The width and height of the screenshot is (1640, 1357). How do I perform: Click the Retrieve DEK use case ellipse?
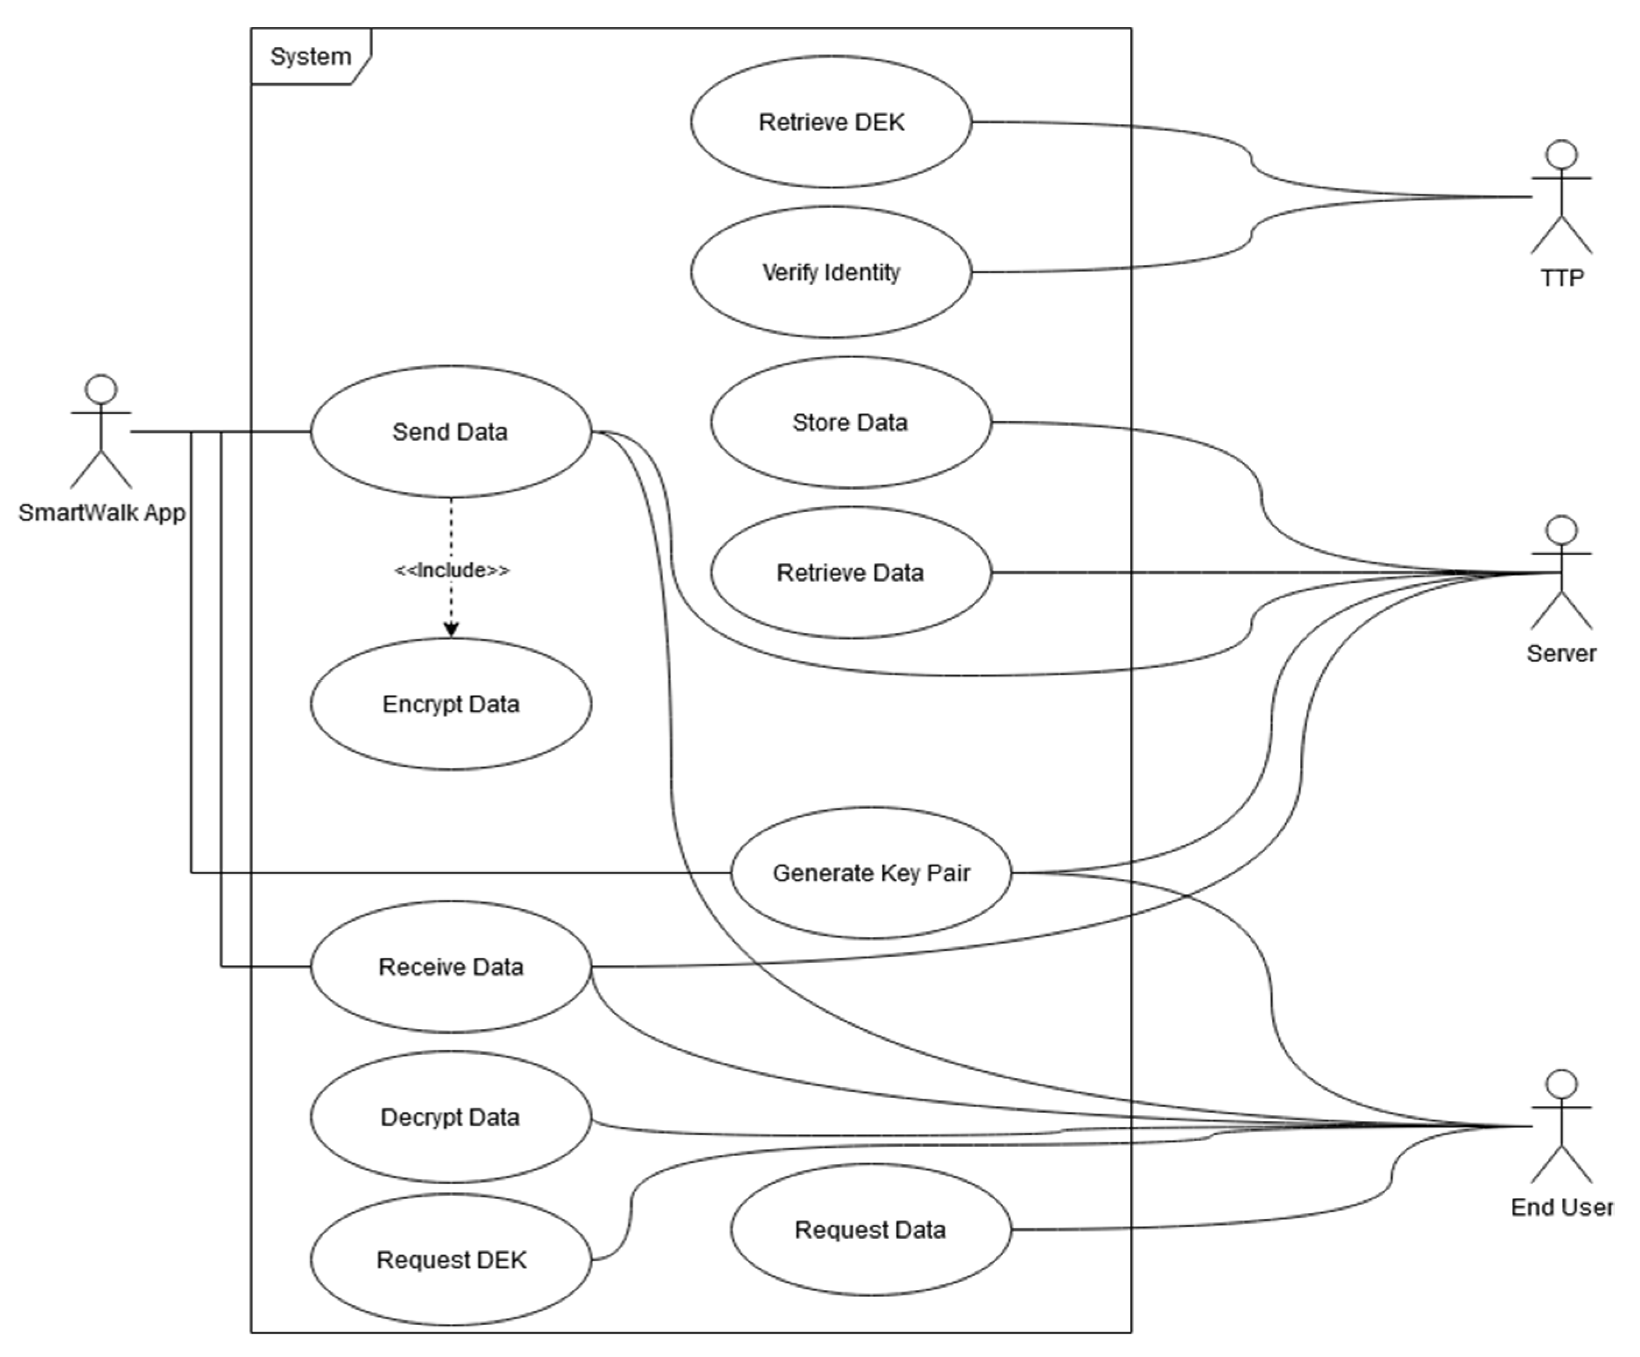click(x=831, y=122)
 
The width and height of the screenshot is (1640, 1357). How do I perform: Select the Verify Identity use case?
click(x=831, y=272)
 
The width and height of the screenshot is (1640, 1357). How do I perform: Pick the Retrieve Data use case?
click(x=851, y=573)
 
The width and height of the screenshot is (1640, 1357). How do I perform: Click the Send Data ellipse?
click(x=451, y=431)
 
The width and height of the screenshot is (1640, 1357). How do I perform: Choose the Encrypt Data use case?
click(x=451, y=704)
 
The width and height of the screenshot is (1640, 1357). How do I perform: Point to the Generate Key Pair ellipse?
click(x=871, y=872)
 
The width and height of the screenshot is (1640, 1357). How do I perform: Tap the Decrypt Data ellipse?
click(x=451, y=1117)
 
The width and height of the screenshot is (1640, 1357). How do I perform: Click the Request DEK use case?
click(x=451, y=1259)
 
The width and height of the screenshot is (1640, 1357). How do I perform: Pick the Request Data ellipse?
click(x=870, y=1229)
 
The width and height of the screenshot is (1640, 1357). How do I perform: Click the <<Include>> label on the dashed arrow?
click(x=451, y=570)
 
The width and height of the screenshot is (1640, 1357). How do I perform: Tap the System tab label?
click(x=310, y=56)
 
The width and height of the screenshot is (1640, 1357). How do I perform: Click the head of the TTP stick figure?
click(x=1561, y=155)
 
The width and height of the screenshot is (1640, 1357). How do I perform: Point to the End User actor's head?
click(x=1561, y=1084)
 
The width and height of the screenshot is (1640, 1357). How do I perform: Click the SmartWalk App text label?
click(x=101, y=513)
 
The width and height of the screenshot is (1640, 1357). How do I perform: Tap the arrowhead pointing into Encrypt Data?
click(x=451, y=630)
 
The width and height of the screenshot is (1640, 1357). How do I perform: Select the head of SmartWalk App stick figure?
click(x=101, y=389)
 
